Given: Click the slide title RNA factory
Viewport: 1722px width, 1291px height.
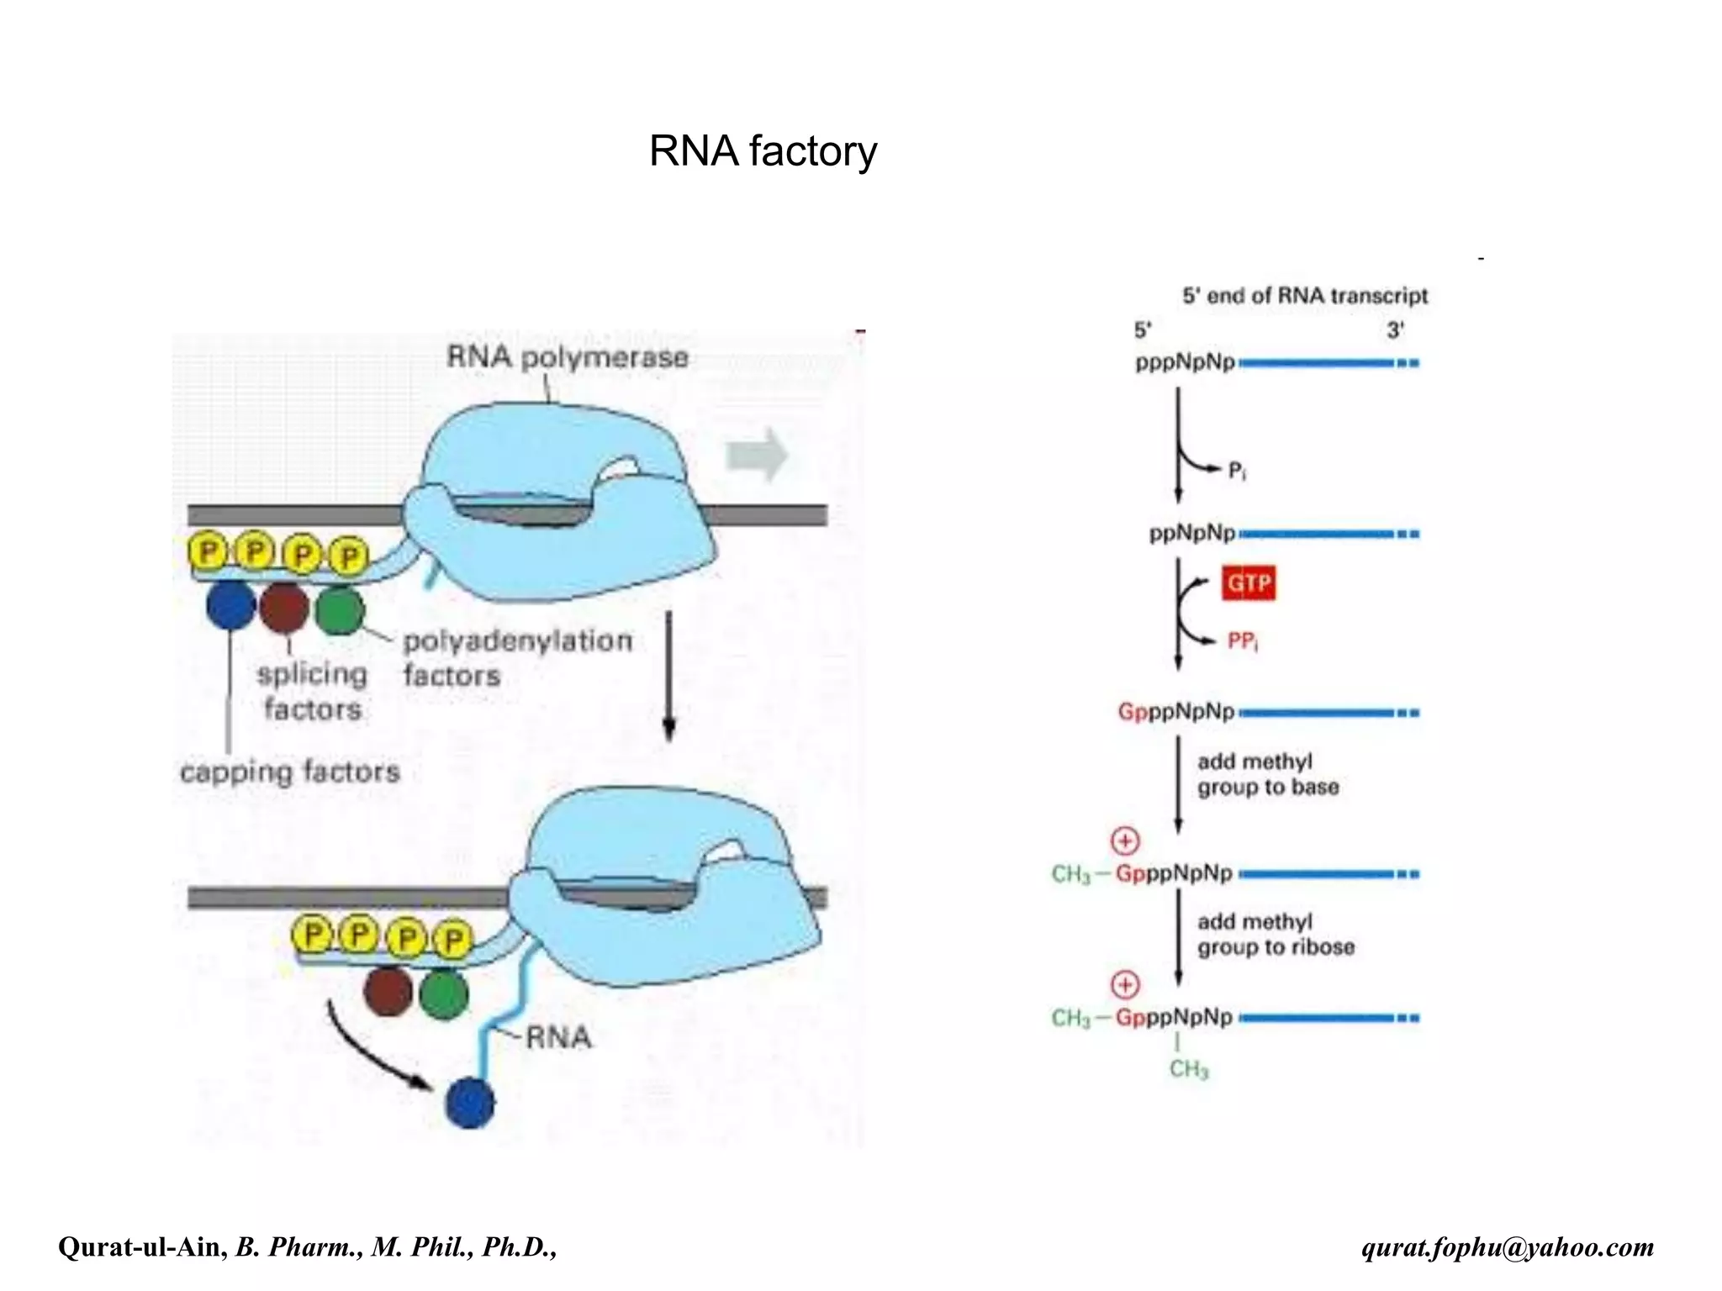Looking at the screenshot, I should click(763, 152).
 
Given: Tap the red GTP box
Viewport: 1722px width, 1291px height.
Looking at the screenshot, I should click(1249, 583).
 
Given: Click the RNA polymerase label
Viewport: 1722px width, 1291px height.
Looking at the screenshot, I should click(568, 357).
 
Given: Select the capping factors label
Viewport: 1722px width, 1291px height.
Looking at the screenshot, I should click(290, 772).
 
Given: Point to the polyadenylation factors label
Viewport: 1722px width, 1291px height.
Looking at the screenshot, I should click(516, 657).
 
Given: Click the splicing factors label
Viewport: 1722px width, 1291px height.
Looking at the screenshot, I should click(312, 691).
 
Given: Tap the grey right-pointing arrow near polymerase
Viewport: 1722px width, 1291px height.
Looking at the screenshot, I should click(756, 455).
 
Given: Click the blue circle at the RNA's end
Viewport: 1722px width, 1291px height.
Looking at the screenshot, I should click(470, 1104).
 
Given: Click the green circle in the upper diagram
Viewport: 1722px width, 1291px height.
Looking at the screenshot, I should click(340, 610).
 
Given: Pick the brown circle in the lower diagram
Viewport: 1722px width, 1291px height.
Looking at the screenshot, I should click(388, 992).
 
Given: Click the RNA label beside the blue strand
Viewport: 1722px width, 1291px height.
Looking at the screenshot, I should click(558, 1038).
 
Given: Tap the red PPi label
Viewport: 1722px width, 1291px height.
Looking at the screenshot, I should click(1243, 642).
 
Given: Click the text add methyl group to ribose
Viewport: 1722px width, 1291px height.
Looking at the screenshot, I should click(1276, 935).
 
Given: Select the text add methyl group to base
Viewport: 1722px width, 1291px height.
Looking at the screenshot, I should click(1267, 774).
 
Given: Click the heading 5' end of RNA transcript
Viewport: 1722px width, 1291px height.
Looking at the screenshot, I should click(1304, 296).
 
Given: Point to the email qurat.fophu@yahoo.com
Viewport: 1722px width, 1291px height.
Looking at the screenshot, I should click(1508, 1246).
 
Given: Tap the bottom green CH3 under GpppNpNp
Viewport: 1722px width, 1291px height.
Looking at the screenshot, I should click(1188, 1069).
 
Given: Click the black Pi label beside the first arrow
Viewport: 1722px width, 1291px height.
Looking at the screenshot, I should click(1237, 471).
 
